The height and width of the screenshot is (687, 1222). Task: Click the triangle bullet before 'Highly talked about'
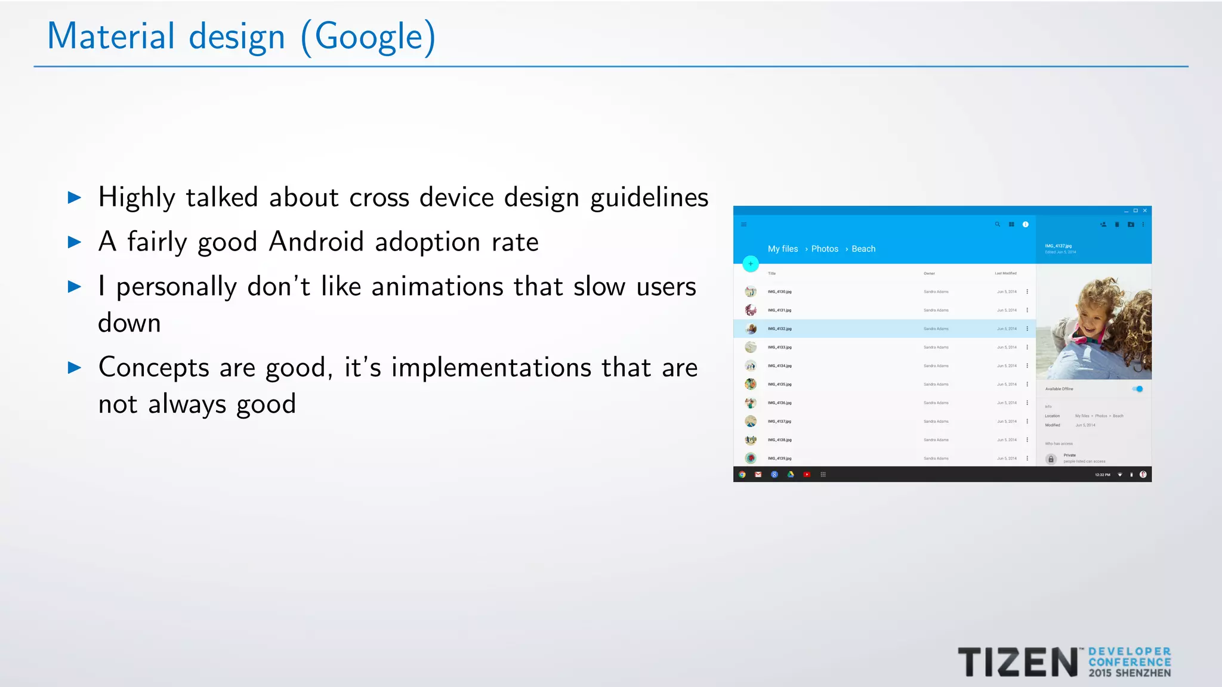(75, 197)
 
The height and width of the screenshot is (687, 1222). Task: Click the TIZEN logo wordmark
(1017, 662)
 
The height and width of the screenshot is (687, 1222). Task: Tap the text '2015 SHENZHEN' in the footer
(1130, 673)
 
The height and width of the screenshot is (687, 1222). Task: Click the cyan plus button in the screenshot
(751, 264)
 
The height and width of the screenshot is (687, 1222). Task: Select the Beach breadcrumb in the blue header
(863, 249)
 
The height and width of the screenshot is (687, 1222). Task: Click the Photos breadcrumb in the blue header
(825, 249)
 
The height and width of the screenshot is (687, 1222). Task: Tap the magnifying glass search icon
(997, 224)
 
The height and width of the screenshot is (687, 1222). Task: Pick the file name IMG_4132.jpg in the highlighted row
(779, 329)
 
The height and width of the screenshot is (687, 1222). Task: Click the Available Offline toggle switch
(1138, 389)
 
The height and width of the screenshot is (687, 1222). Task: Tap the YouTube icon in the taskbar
(807, 475)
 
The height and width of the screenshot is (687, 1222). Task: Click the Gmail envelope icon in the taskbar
(758, 475)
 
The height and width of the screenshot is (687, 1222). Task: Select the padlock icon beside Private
(1051, 459)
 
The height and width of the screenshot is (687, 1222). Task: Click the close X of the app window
(1145, 211)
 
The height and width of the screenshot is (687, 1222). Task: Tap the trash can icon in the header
(1117, 225)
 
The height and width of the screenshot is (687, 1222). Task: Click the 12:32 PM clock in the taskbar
(1103, 475)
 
